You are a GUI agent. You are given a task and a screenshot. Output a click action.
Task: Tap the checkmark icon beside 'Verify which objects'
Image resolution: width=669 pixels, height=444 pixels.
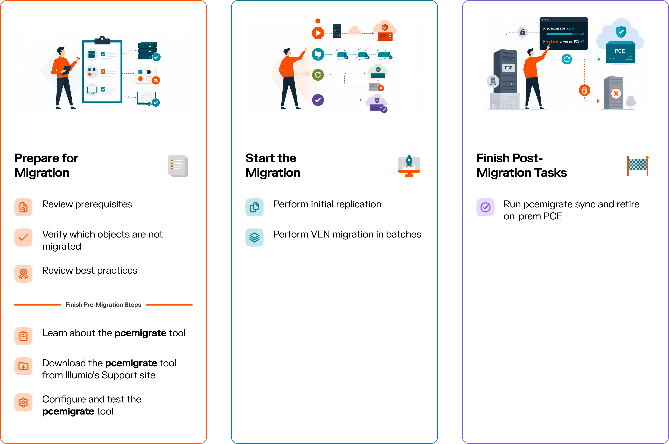click(23, 238)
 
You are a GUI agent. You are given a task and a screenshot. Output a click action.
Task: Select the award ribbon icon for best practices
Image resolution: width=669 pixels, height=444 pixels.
click(23, 273)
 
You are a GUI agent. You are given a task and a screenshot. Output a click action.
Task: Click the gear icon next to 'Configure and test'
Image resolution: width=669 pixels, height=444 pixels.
click(23, 402)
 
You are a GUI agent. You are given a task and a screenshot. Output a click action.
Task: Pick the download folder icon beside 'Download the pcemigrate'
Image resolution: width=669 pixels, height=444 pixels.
click(23, 366)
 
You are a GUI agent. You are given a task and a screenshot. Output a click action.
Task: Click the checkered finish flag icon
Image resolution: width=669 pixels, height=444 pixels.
click(638, 166)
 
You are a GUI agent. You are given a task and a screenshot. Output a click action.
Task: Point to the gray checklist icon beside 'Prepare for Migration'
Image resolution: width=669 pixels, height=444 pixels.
click(178, 166)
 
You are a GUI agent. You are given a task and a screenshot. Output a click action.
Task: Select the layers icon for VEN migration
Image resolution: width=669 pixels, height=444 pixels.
click(254, 238)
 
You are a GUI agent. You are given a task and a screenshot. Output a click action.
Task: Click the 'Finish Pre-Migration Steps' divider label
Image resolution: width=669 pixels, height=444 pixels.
click(103, 305)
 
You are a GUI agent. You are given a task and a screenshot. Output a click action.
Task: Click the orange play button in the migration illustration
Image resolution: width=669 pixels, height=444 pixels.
click(318, 33)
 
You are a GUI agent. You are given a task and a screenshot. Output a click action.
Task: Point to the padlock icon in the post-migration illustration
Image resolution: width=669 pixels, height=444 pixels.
click(523, 32)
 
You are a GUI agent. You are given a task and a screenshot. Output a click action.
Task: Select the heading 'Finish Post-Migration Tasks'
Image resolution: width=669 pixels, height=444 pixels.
click(522, 165)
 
